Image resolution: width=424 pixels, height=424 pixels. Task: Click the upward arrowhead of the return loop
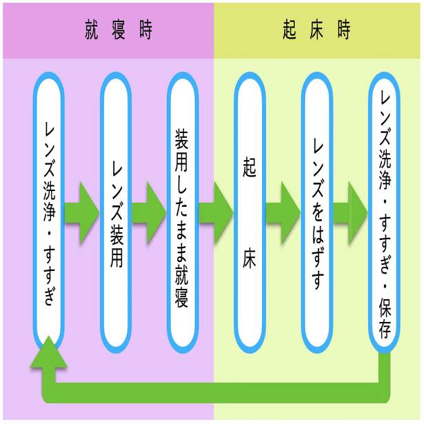[49, 353]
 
